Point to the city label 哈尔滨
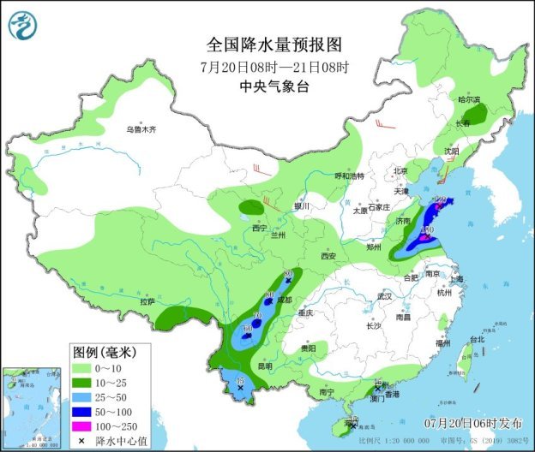click(x=469, y=100)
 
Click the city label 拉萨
click(x=147, y=301)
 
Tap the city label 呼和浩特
click(x=349, y=175)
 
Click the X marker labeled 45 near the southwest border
click(x=240, y=389)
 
